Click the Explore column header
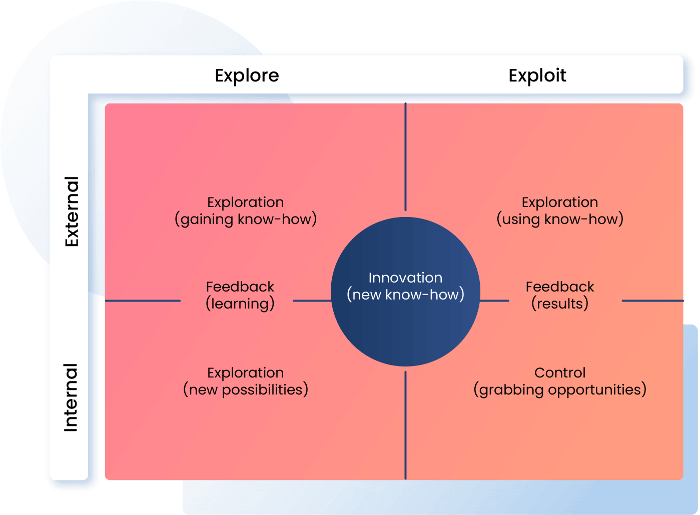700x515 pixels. pos(247,75)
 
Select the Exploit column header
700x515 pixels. pos(537,75)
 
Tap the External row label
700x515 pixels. pos(72,211)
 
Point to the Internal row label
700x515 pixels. pos(71,397)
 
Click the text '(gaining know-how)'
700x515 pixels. pos(246,219)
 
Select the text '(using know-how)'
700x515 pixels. pos(560,219)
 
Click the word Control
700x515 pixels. pos(560,372)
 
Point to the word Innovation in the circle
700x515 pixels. pos(405,277)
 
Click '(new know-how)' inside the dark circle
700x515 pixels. pos(405,295)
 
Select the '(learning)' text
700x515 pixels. pos(240,304)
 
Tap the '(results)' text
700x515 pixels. pos(560,304)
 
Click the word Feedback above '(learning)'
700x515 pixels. pos(240,286)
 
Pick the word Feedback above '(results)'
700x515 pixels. pos(560,286)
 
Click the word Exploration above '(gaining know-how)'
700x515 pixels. pos(246,202)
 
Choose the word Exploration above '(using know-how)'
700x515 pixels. pos(560,202)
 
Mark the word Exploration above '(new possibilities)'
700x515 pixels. pos(246,373)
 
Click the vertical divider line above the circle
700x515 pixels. pos(405,157)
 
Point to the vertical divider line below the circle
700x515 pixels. pos(405,425)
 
